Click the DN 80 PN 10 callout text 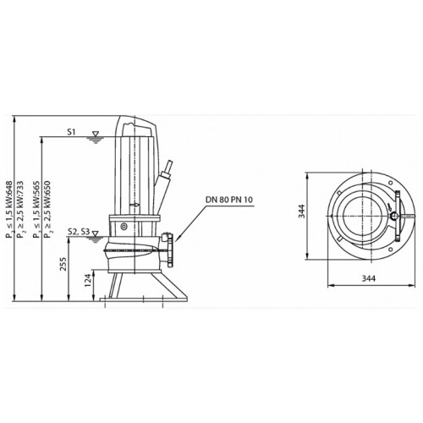229,200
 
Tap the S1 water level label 71,132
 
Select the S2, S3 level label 79,232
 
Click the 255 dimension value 63,264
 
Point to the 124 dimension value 89,280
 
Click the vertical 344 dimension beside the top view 302,211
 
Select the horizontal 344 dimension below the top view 369,278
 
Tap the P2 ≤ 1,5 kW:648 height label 10,210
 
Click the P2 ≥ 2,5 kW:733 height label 19,210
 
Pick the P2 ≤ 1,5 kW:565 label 36,210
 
